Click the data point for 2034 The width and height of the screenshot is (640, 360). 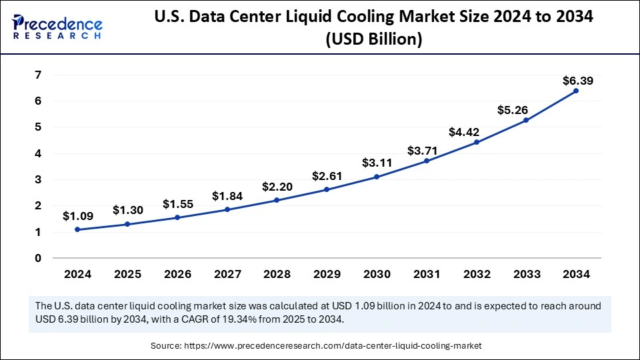click(576, 91)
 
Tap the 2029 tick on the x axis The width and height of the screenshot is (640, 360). click(327, 274)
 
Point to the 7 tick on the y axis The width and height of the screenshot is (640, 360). click(39, 75)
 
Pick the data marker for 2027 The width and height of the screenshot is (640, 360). click(227, 209)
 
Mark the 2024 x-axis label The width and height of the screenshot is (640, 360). click(77, 274)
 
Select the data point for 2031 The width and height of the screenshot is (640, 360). click(427, 161)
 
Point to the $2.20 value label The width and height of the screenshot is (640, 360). click(277, 187)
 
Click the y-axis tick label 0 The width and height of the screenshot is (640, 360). click(39, 259)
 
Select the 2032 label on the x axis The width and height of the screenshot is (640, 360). click(476, 274)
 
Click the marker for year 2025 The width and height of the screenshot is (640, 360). click(127, 224)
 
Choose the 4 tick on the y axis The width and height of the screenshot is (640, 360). click(39, 153)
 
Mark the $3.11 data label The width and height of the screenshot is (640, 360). click(377, 163)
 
